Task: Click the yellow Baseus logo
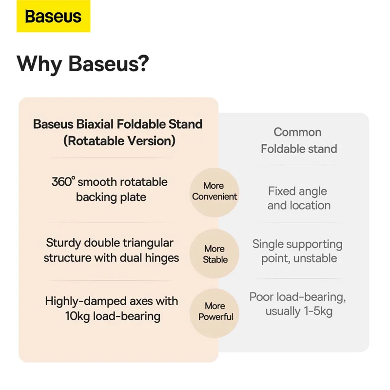(x=54, y=16)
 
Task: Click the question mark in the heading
(x=143, y=63)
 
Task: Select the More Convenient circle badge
(x=214, y=192)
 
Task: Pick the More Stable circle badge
(x=214, y=254)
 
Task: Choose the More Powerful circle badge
(x=214, y=313)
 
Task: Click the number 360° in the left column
(x=63, y=181)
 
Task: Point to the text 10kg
(x=78, y=316)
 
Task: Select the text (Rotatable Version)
(x=119, y=141)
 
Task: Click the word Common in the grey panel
(x=297, y=132)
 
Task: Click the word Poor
(x=261, y=297)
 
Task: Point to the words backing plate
(x=111, y=198)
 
